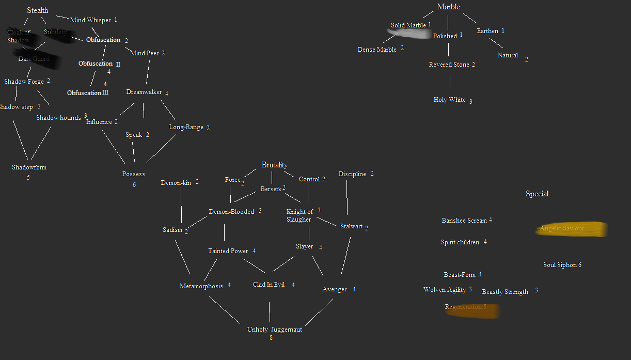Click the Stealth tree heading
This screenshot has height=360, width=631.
38,10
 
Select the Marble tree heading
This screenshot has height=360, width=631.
448,7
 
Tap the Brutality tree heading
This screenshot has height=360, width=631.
274,165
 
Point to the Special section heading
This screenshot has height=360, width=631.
537,194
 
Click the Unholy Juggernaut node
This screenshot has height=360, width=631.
274,330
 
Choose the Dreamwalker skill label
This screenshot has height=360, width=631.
144,92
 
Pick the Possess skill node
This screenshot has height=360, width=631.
133,174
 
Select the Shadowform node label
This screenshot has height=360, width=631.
29,167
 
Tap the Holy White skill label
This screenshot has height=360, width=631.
449,100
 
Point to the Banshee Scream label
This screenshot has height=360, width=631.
464,221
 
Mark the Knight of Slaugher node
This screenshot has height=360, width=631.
299,215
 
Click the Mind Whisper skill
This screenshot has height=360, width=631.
90,20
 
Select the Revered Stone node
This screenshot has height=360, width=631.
449,65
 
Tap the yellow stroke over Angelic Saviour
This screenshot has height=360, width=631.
571,229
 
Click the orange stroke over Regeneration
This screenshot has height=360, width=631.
472,310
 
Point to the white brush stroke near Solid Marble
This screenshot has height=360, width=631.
409,34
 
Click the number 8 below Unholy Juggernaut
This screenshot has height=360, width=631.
271,338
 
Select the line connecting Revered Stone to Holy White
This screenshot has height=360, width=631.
450,81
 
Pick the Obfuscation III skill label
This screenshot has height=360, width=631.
88,93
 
